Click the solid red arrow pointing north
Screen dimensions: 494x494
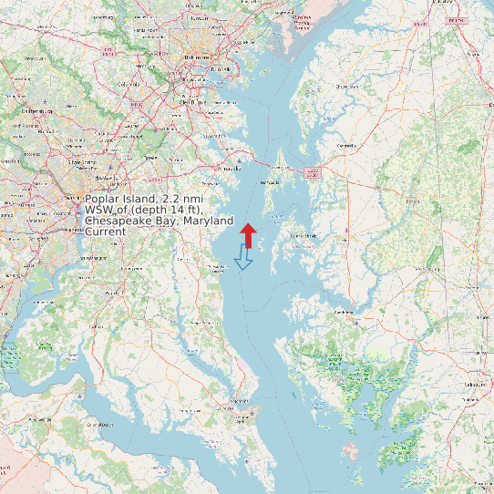[x=248, y=232]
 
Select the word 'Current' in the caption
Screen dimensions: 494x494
[x=105, y=232]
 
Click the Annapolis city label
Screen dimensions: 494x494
[x=230, y=169]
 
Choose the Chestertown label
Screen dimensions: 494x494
[x=343, y=87]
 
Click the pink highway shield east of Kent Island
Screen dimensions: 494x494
[x=313, y=171]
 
